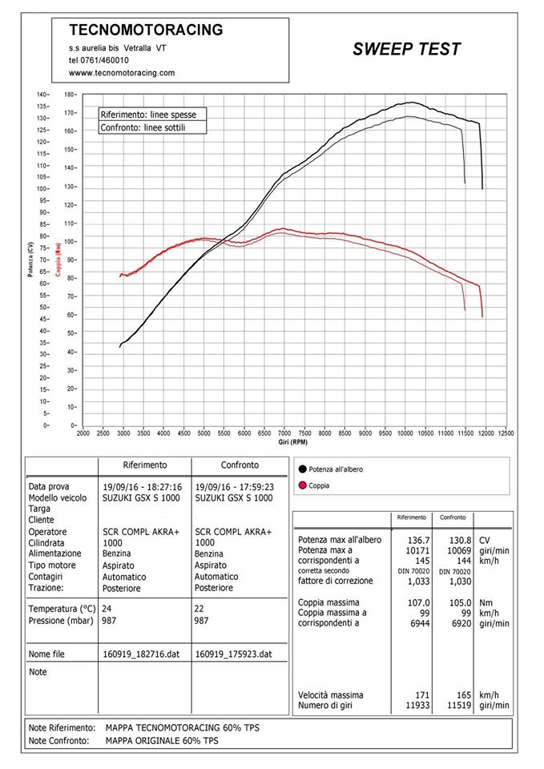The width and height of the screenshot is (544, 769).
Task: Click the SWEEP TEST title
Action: click(407, 49)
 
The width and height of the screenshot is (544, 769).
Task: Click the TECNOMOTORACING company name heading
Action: click(146, 30)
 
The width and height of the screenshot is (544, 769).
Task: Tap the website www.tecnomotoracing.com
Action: click(122, 73)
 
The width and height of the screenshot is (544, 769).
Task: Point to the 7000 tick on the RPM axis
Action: click(284, 433)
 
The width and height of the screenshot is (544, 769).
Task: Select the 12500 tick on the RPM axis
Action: click(506, 433)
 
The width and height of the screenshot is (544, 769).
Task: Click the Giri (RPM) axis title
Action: click(293, 442)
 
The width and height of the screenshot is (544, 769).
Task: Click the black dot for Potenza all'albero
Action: click(302, 469)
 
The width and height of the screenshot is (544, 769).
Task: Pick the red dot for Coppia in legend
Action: click(302, 485)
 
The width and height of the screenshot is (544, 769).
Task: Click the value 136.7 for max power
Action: click(418, 540)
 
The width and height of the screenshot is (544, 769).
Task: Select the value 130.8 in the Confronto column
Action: click(460, 540)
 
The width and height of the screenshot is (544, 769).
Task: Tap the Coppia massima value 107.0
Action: click(418, 602)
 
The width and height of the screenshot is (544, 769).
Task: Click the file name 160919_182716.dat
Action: click(141, 654)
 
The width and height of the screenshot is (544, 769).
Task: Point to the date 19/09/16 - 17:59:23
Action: click(235, 487)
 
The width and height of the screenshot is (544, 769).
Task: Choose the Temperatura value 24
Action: click(107, 609)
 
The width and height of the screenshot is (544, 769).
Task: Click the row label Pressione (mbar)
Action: click(61, 621)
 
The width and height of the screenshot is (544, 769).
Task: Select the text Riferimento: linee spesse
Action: click(148, 115)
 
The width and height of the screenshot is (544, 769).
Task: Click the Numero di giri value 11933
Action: click(417, 705)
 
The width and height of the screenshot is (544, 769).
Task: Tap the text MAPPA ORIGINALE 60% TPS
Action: click(162, 740)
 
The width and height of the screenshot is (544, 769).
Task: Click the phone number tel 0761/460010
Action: click(99, 61)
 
